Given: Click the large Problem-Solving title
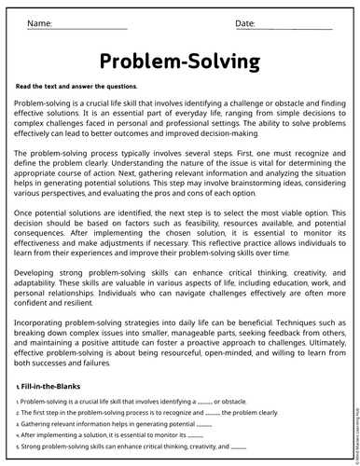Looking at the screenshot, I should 179,62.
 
